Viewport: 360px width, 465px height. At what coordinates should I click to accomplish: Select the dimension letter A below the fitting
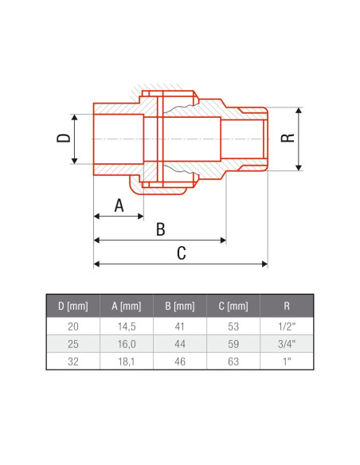pos(119,205)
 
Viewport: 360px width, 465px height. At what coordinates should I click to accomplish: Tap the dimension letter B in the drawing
pos(160,230)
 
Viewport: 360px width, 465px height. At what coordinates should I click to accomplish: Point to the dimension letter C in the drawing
pos(181,254)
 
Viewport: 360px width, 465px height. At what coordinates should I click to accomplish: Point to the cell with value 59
pos(233,343)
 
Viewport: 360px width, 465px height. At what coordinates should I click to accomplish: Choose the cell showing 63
pos(233,361)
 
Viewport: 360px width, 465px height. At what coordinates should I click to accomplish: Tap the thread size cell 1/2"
pos(287,326)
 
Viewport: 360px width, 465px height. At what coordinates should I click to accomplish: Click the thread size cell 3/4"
pos(287,343)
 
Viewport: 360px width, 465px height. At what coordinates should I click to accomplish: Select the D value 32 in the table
pos(72,361)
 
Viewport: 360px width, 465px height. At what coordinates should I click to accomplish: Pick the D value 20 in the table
pos(72,326)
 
